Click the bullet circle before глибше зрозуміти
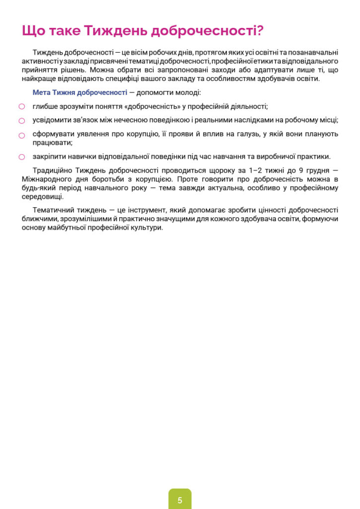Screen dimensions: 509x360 22,107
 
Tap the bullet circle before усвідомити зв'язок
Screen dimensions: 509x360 22,121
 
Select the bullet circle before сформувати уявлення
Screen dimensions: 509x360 22,135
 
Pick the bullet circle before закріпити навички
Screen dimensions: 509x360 22,157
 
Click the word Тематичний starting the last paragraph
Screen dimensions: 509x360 52,210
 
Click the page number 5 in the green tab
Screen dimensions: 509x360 180,500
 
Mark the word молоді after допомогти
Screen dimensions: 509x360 188,92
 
